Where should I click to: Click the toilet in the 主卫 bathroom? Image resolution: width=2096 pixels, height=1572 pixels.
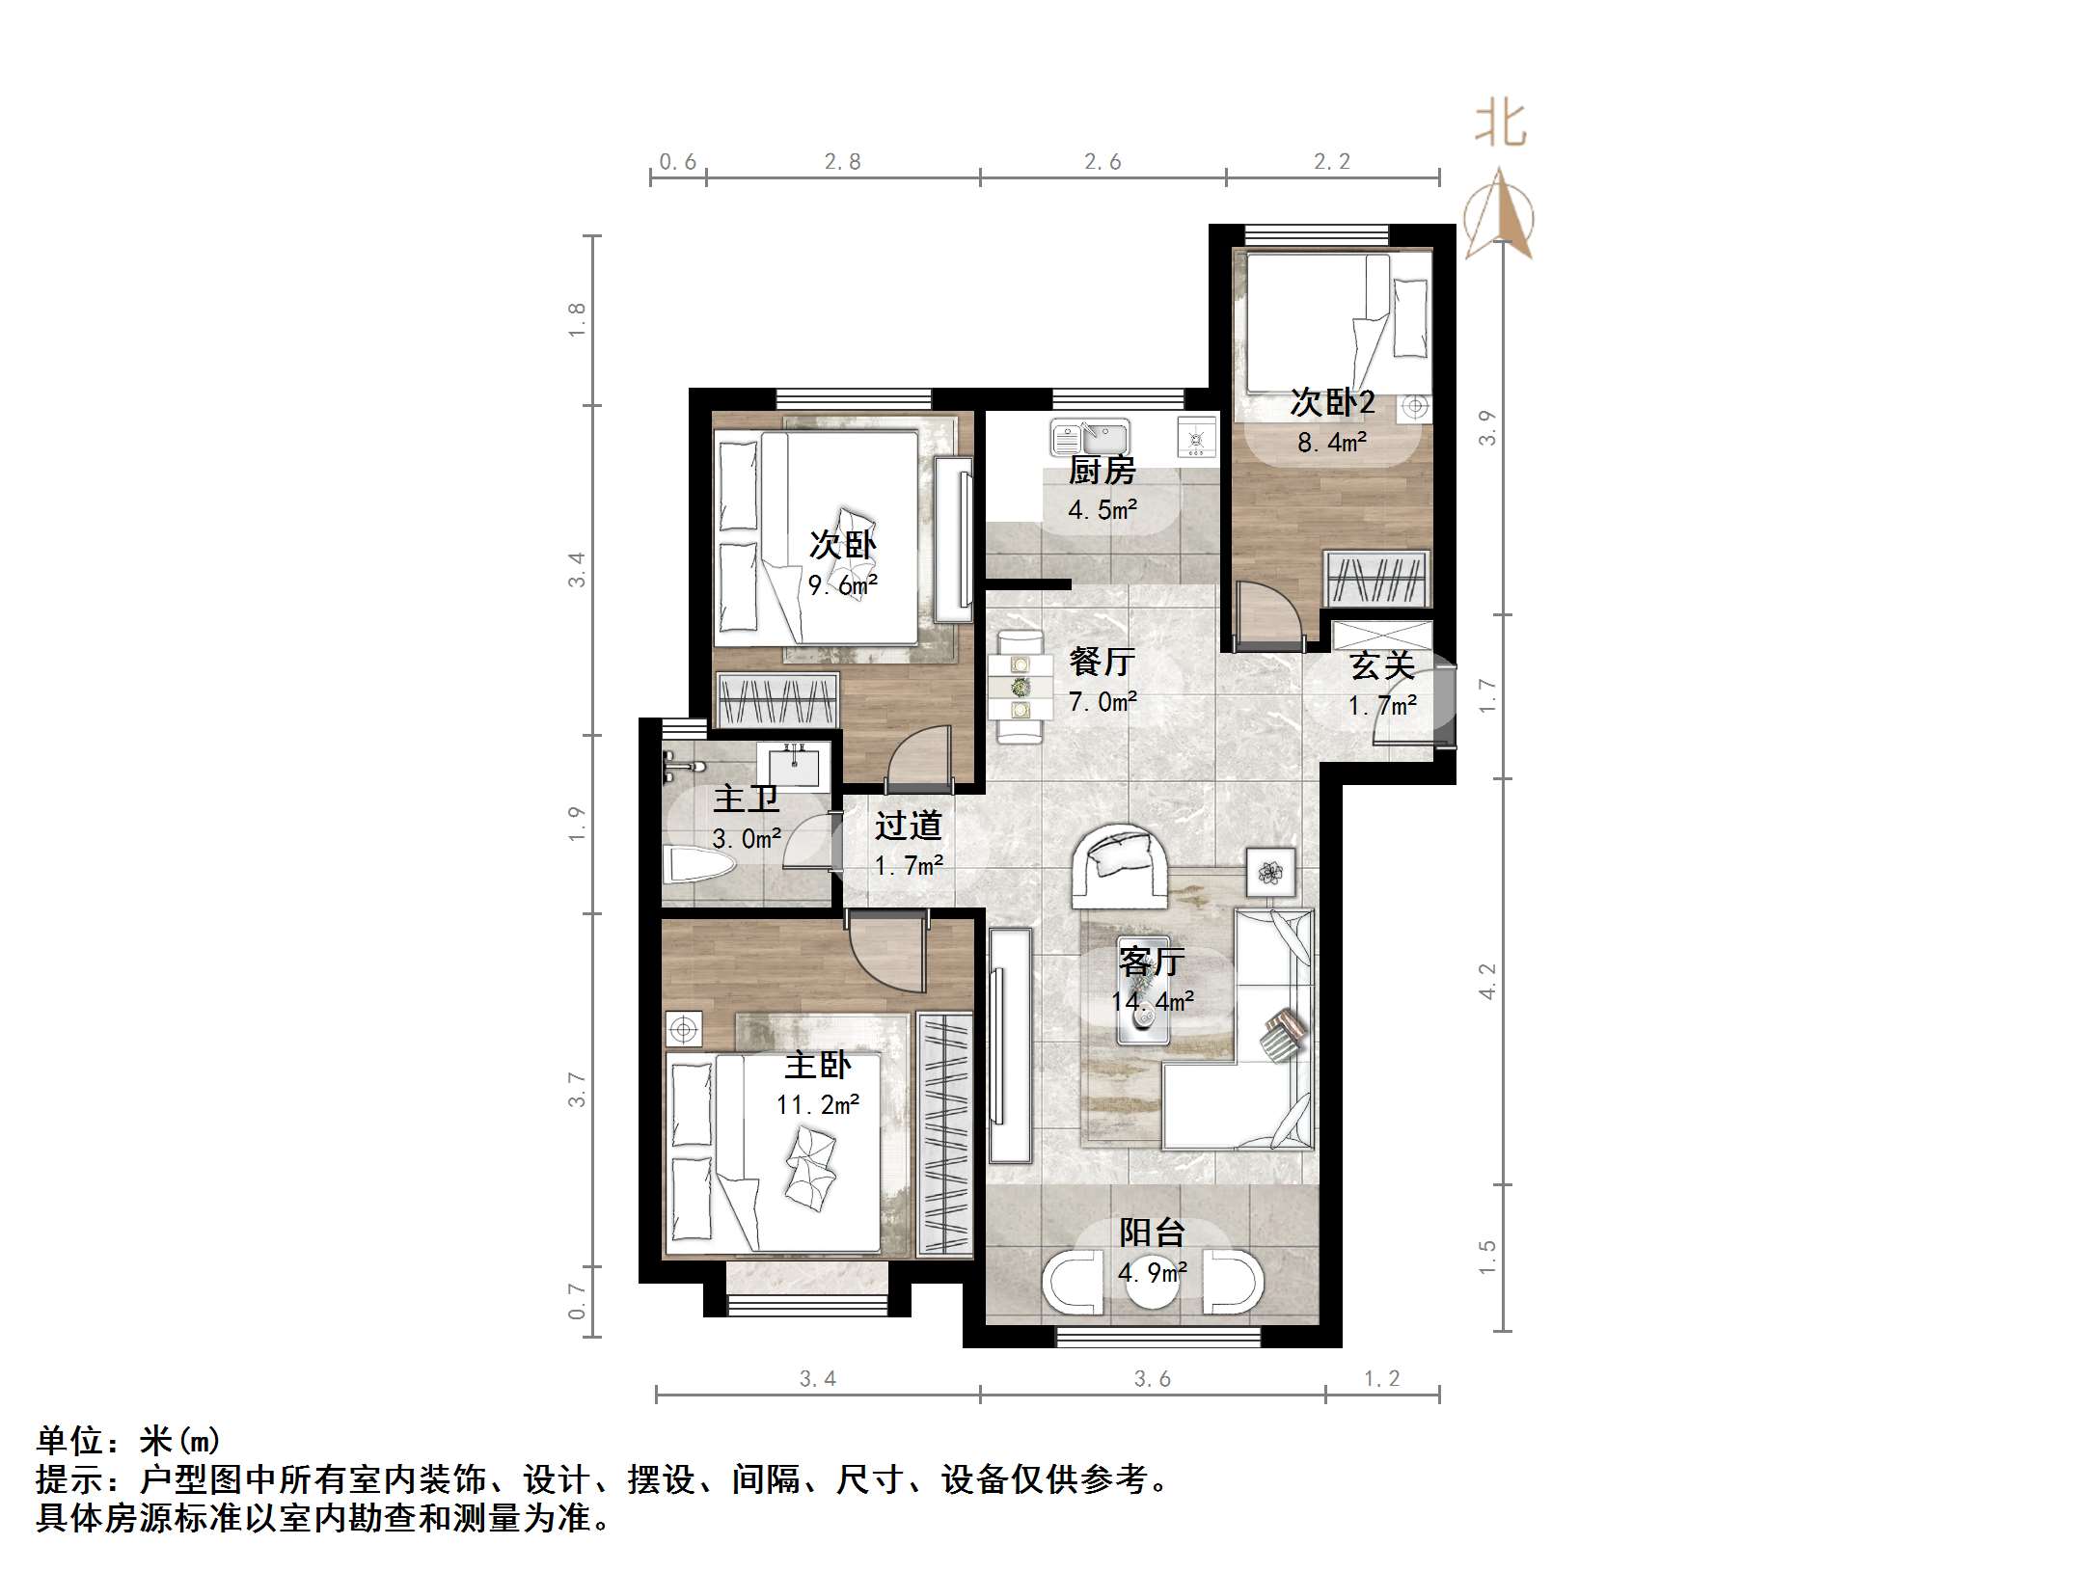click(x=699, y=864)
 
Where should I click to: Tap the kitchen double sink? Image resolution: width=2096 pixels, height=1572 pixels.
click(x=1090, y=439)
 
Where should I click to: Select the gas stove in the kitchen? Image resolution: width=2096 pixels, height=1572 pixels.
click(x=1197, y=439)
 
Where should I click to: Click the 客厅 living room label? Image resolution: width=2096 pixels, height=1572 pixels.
click(x=1152, y=961)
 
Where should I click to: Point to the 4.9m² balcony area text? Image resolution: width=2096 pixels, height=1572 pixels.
click(x=1153, y=1273)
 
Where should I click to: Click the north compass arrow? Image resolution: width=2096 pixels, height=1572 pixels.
click(x=1499, y=213)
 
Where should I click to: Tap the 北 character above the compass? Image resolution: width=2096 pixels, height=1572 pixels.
click(x=1501, y=124)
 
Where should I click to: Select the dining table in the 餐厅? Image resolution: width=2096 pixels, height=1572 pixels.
click(x=1019, y=687)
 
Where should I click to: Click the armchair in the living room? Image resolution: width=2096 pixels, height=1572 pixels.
click(x=1121, y=865)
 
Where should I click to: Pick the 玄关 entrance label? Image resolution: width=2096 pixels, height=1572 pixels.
click(x=1382, y=664)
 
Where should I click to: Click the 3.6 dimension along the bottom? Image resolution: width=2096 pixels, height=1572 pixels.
click(x=1153, y=1379)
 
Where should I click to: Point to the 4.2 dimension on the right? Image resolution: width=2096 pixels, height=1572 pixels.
click(x=1487, y=981)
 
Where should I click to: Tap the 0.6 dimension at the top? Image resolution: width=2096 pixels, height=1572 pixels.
click(x=678, y=162)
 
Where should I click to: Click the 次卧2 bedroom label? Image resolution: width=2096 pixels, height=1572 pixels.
click(x=1332, y=402)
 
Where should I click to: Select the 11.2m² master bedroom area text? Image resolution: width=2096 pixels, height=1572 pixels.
click(x=818, y=1104)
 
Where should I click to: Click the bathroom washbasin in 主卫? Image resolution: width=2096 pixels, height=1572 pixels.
click(x=794, y=765)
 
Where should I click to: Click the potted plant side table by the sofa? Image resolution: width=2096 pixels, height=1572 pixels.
click(x=1270, y=873)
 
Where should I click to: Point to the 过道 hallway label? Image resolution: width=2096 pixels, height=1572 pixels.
click(x=908, y=825)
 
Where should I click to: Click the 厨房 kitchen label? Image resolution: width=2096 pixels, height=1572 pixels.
click(x=1102, y=470)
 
